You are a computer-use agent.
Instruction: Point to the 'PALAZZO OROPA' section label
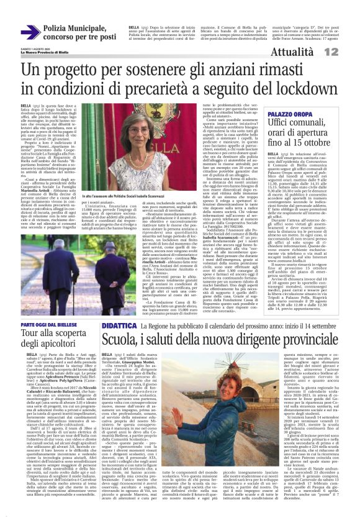click(x=287, y=116)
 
